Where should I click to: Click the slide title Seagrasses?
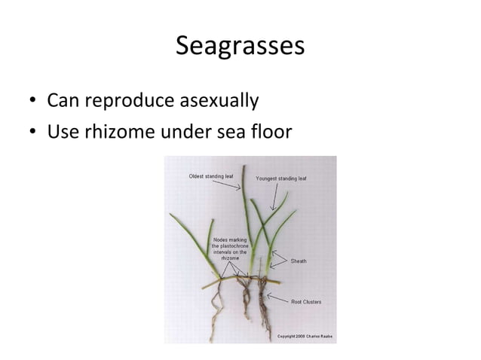point(240,46)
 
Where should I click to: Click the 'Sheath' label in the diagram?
point(299,261)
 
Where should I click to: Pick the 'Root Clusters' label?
point(306,301)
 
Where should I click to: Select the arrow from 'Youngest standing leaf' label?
point(277,197)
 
